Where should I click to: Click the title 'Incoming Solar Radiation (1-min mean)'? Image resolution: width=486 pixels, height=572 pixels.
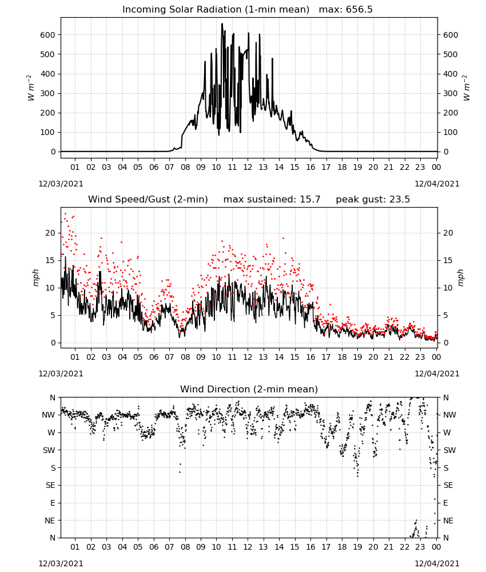[x=216, y=10]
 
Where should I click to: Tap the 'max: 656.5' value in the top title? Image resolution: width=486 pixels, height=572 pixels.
[x=346, y=10]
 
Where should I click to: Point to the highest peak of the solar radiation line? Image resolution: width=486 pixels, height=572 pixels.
[x=222, y=24]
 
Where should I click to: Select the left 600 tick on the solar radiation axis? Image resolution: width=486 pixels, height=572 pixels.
[x=48, y=35]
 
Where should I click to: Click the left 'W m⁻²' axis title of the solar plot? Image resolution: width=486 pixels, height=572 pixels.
[x=31, y=88]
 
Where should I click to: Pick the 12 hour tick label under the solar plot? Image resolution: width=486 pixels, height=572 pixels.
[x=248, y=168]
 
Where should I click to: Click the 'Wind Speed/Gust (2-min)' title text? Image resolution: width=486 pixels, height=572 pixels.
[x=148, y=200]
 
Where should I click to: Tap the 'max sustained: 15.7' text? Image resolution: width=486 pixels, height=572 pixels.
[x=272, y=200]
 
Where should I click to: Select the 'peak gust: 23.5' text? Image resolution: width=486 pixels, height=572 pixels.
[x=373, y=200]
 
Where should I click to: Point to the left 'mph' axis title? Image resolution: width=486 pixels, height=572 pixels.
[x=35, y=277]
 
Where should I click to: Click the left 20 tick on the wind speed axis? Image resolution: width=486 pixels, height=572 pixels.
[x=50, y=233]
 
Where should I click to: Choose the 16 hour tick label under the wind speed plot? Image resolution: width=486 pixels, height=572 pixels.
[x=310, y=357]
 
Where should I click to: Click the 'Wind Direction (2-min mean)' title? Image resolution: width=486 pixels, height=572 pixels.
[x=249, y=389]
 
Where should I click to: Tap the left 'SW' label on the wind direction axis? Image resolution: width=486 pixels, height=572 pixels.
[x=49, y=451]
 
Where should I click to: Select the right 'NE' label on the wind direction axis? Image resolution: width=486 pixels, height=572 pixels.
[x=448, y=521]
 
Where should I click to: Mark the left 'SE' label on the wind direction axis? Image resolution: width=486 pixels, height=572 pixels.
[x=50, y=486]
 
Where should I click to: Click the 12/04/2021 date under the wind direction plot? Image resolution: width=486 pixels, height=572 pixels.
[x=437, y=563]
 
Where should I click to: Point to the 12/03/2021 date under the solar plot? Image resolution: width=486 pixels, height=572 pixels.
[x=61, y=184]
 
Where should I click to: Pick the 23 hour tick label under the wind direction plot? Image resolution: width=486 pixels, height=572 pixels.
[x=420, y=547]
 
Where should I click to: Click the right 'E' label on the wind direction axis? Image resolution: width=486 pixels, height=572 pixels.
[x=445, y=503]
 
